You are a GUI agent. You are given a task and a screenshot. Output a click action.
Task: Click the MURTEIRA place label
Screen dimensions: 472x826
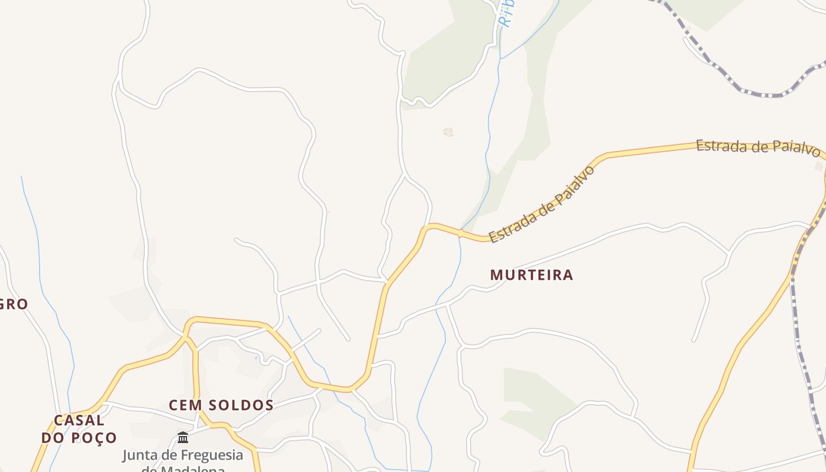(x=532, y=275)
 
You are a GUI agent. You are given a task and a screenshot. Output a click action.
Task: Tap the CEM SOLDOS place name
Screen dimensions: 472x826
(x=221, y=405)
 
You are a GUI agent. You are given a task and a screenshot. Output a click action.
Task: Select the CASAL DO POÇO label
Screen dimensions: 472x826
(x=79, y=429)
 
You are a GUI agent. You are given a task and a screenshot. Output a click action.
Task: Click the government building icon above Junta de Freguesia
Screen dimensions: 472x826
(x=183, y=437)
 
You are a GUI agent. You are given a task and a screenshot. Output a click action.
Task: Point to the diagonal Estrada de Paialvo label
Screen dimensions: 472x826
(x=542, y=204)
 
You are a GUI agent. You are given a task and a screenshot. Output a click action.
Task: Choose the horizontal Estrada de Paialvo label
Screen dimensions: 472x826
(x=758, y=147)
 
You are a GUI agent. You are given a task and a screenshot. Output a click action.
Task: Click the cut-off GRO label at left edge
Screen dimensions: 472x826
(x=14, y=304)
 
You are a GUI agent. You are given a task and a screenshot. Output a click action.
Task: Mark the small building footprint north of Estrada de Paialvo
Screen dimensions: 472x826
(x=448, y=132)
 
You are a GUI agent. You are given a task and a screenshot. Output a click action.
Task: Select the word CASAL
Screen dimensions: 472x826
(x=79, y=421)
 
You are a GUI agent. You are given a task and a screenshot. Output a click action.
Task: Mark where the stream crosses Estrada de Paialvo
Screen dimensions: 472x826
(x=460, y=234)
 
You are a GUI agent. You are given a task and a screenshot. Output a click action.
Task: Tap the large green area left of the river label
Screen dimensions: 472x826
(x=448, y=59)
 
